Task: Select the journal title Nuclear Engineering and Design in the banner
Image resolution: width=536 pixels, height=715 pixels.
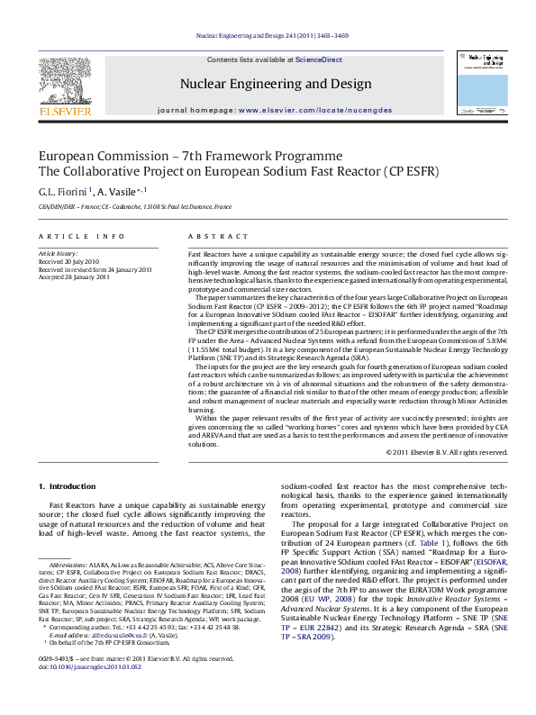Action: [276, 85]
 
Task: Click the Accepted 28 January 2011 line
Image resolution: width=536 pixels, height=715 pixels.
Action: [74, 277]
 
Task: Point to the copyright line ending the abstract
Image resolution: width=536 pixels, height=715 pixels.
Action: [447, 452]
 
